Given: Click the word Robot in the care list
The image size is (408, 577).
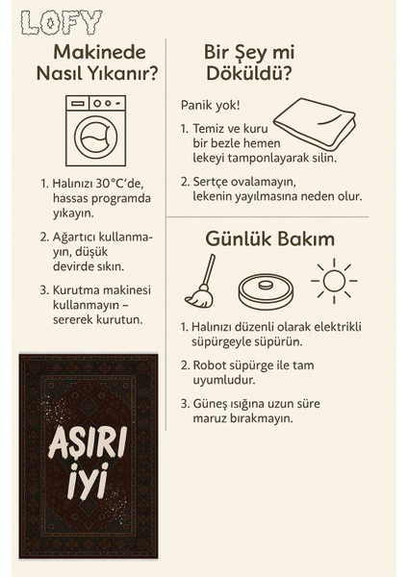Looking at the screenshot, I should pos(216,364).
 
